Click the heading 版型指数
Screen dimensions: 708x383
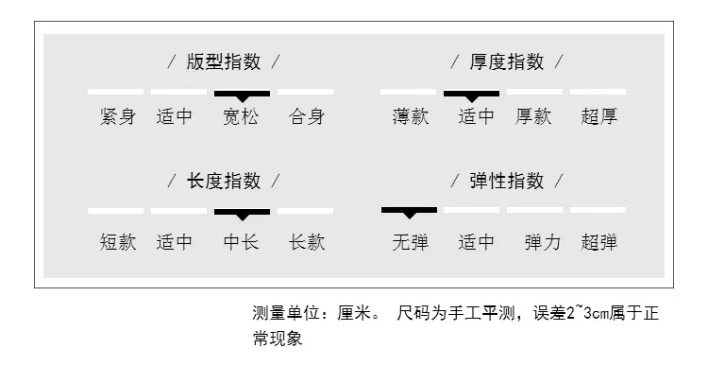point(224,62)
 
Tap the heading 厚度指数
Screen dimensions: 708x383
point(507,62)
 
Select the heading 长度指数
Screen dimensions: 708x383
point(224,181)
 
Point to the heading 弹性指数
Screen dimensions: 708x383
point(507,181)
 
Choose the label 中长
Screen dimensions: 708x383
point(242,242)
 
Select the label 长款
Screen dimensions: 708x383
point(306,242)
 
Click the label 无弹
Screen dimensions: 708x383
point(410,242)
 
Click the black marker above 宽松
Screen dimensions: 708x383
point(242,95)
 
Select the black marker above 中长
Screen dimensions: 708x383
point(242,213)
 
